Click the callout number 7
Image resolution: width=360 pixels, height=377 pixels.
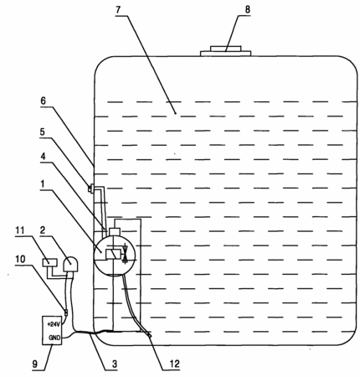(118, 10)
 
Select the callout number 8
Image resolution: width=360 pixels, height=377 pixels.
(247, 9)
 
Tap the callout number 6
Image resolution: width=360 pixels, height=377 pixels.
(43, 101)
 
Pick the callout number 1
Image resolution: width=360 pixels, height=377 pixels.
(43, 184)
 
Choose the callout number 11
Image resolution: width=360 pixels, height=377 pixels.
(20, 230)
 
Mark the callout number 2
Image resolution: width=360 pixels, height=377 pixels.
(43, 230)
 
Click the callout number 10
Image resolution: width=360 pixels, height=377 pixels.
(20, 259)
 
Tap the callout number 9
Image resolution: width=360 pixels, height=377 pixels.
(35, 364)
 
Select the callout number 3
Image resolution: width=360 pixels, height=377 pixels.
(115, 364)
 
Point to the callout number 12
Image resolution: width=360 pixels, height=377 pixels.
(174, 364)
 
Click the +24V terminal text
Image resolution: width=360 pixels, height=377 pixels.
(54, 324)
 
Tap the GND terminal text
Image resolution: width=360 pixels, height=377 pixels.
(54, 338)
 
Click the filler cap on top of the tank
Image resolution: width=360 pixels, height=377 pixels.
(225, 51)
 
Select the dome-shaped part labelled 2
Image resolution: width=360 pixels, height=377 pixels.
(71, 264)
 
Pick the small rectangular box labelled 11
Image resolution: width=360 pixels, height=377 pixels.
(49, 262)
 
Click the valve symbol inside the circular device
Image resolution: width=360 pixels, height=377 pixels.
(126, 254)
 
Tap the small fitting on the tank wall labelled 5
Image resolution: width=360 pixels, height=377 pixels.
(90, 188)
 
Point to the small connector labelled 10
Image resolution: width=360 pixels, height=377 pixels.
(66, 312)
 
